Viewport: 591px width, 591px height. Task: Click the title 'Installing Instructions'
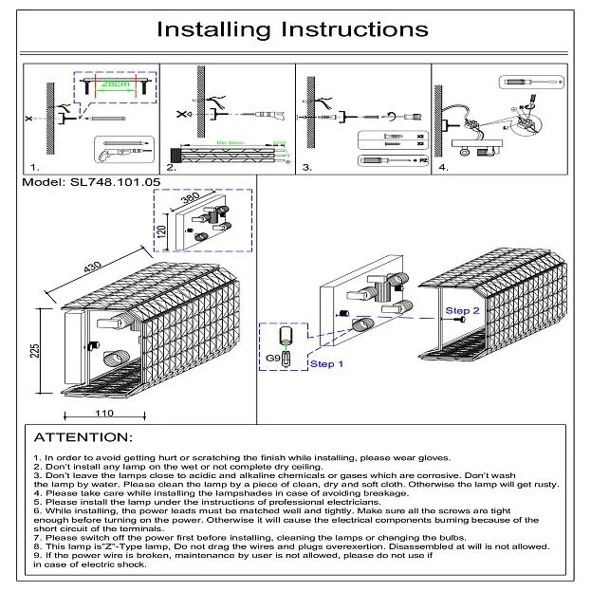(291, 29)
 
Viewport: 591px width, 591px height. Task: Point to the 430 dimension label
(92, 266)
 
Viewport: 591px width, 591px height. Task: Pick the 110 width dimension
(104, 413)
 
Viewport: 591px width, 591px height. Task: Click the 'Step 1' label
(327, 363)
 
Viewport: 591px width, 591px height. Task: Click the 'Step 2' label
(463, 310)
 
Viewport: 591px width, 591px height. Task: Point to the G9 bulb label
(273, 358)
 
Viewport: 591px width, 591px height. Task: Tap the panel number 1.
(36, 167)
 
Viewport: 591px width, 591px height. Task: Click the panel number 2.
(171, 167)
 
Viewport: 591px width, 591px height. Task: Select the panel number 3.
(306, 167)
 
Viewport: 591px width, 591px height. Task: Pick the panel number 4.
(443, 167)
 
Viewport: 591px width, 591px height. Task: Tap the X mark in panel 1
(29, 119)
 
